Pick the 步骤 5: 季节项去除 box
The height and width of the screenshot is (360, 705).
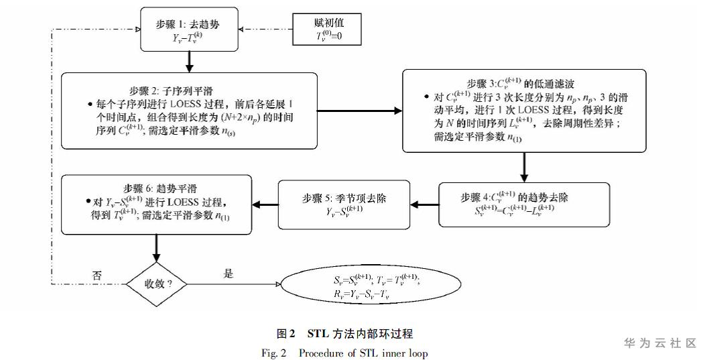(x=344, y=204)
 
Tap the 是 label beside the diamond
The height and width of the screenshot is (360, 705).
(x=229, y=274)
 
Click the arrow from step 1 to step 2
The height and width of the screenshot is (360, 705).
(x=190, y=62)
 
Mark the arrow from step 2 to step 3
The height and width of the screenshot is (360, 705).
(x=359, y=110)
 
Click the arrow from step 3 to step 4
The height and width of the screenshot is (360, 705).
(x=523, y=167)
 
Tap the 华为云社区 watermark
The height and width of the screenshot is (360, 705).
(x=659, y=343)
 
